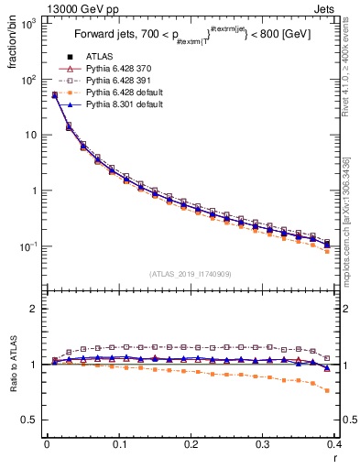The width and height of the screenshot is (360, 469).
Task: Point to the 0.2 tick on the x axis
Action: click(191, 444)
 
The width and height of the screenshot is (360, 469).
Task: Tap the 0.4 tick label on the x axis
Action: click(334, 444)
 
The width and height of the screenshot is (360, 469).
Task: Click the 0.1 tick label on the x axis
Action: click(118, 444)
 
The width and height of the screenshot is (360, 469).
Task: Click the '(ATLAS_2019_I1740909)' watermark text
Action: click(191, 275)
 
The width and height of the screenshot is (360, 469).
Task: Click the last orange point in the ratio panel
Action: click(328, 390)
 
